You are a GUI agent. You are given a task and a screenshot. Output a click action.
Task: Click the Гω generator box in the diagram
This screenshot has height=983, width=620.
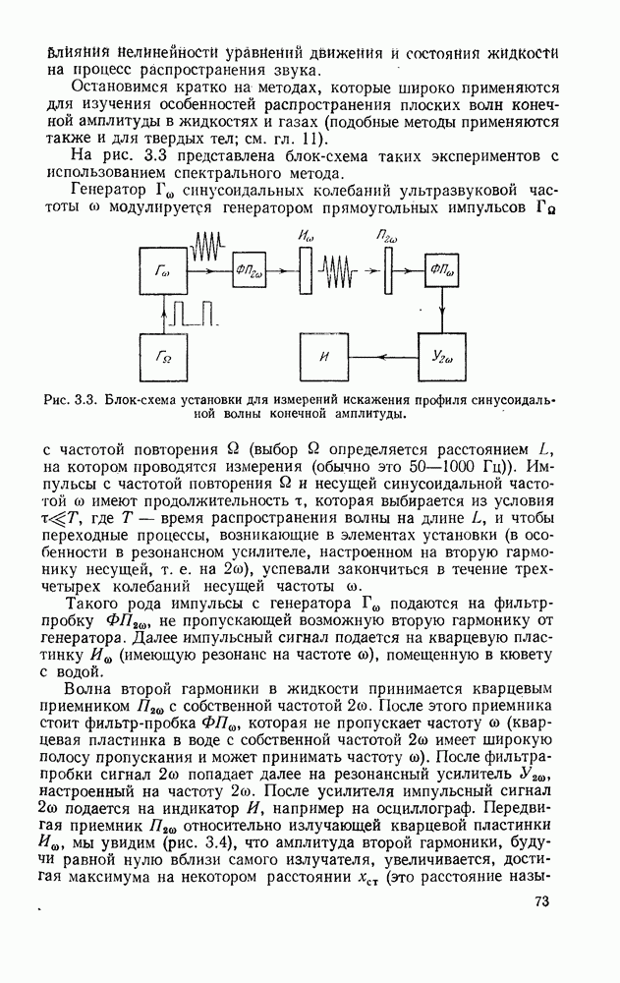click(x=161, y=271)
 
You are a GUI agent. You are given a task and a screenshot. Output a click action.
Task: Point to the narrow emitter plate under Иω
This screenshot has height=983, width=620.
click(x=305, y=271)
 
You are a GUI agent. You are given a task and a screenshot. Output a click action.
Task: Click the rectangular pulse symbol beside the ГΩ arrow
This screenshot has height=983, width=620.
click(x=194, y=314)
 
